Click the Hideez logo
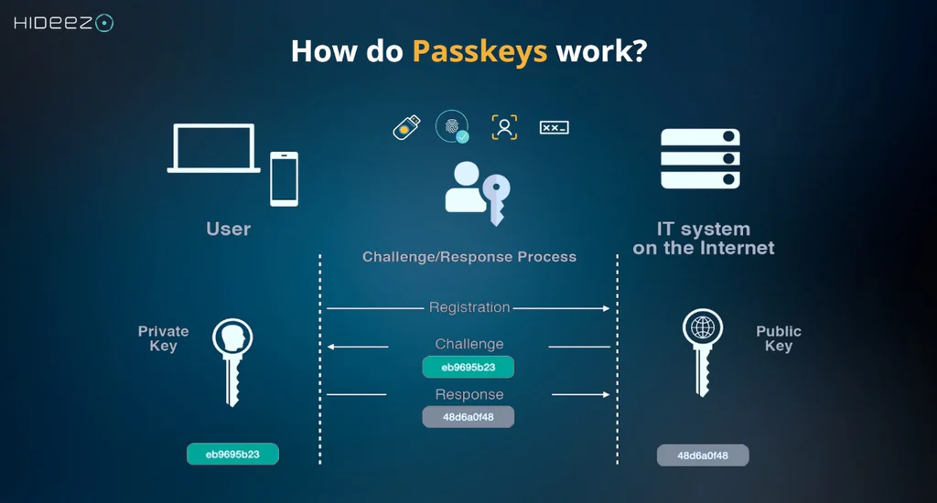(63, 23)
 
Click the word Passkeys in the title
(479, 50)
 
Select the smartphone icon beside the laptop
(284, 178)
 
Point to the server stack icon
(700, 159)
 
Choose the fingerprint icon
(452, 127)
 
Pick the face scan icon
(504, 127)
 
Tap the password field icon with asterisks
(554, 127)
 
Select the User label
(229, 230)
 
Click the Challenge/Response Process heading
(469, 257)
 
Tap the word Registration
(469, 307)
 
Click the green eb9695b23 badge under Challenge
(468, 368)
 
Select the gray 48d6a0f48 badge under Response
(468, 417)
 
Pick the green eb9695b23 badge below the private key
(232, 454)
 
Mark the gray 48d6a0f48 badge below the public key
(703, 455)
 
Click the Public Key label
(779, 338)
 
